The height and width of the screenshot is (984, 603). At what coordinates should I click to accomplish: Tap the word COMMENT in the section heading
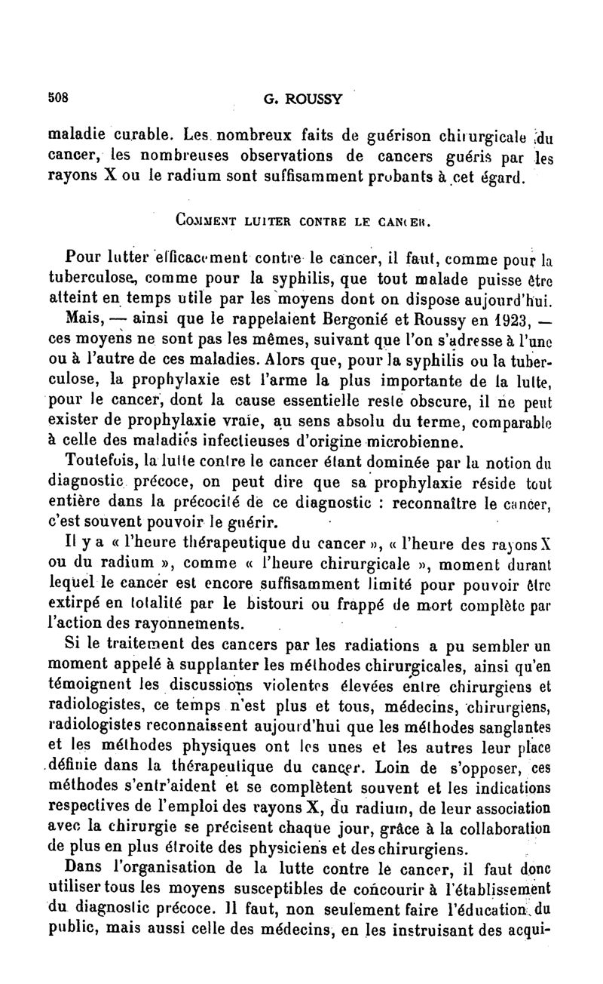(x=202, y=223)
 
